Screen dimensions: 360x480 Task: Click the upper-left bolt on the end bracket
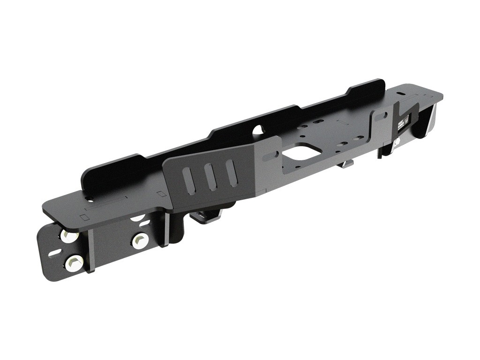tap(70, 236)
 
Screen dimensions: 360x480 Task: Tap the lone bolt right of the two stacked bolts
tap(140, 241)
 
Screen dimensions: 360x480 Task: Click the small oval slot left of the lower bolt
tap(54, 254)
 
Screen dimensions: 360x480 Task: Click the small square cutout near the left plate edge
tap(84, 217)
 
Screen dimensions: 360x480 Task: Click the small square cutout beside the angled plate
tap(161, 194)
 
